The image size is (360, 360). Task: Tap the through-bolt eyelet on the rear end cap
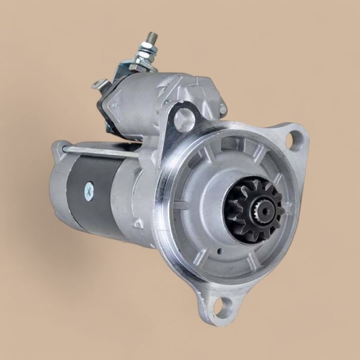(61, 148)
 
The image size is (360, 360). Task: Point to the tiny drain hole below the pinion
(220, 252)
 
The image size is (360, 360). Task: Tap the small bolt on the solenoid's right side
(223, 109)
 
